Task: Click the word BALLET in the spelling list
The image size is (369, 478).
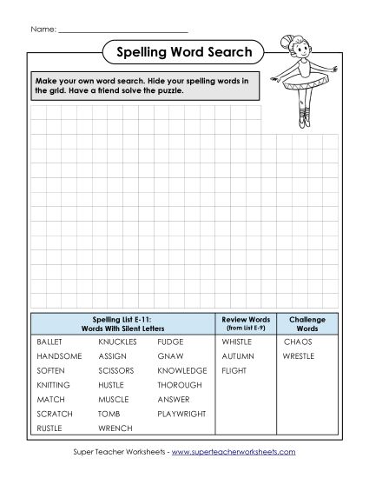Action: [49, 342]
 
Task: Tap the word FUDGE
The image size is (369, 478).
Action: [170, 342]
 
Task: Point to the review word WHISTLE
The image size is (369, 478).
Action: [236, 342]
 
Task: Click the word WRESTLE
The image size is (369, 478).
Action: [300, 356]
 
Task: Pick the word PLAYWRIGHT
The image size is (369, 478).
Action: [181, 414]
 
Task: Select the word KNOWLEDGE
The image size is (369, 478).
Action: [182, 371]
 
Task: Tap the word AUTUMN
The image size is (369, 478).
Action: [237, 356]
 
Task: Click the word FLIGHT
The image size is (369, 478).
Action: [234, 371]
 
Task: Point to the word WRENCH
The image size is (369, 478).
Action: [115, 428]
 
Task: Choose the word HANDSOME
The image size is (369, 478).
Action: [59, 356]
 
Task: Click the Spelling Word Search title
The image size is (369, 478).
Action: [184, 53]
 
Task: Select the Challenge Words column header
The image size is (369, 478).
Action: [306, 323]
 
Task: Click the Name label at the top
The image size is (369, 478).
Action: [43, 29]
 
